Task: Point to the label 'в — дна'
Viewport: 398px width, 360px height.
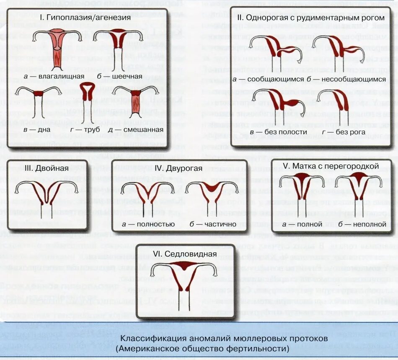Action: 37,130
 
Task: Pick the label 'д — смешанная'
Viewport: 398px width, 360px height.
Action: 136,130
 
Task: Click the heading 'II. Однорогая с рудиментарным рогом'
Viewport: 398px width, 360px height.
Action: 310,18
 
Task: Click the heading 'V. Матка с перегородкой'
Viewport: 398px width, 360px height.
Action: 331,166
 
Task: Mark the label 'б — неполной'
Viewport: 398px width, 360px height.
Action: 362,224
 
